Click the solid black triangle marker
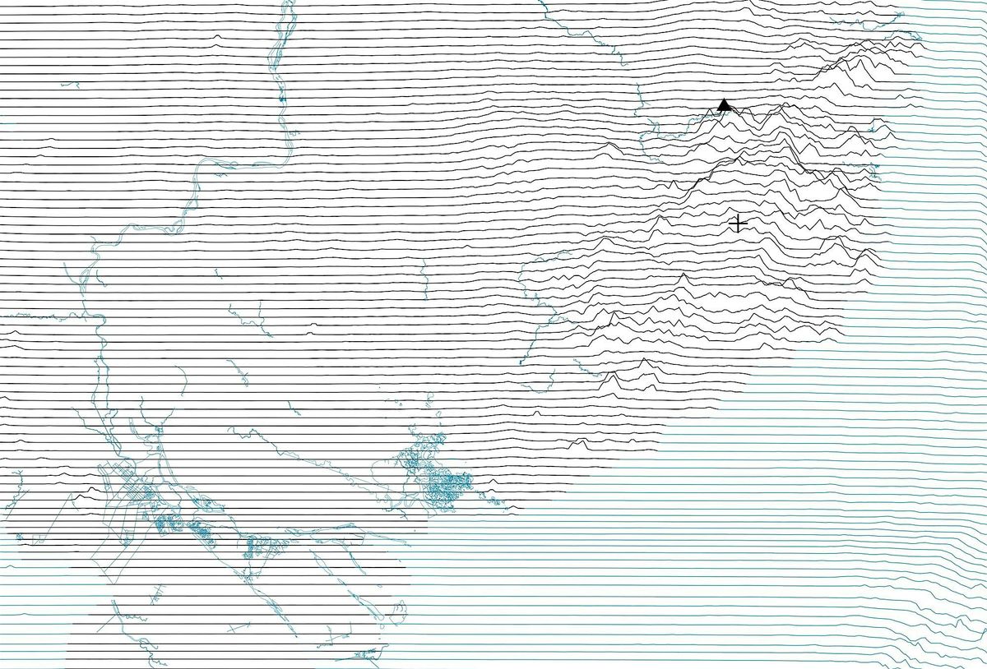[x=724, y=105]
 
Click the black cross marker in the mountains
[x=738, y=223]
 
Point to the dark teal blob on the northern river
[x=281, y=99]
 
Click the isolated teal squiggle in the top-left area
[x=71, y=85]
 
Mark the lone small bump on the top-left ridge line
[x=216, y=45]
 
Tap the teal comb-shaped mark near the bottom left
[x=157, y=593]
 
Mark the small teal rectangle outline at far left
[x=38, y=538]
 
